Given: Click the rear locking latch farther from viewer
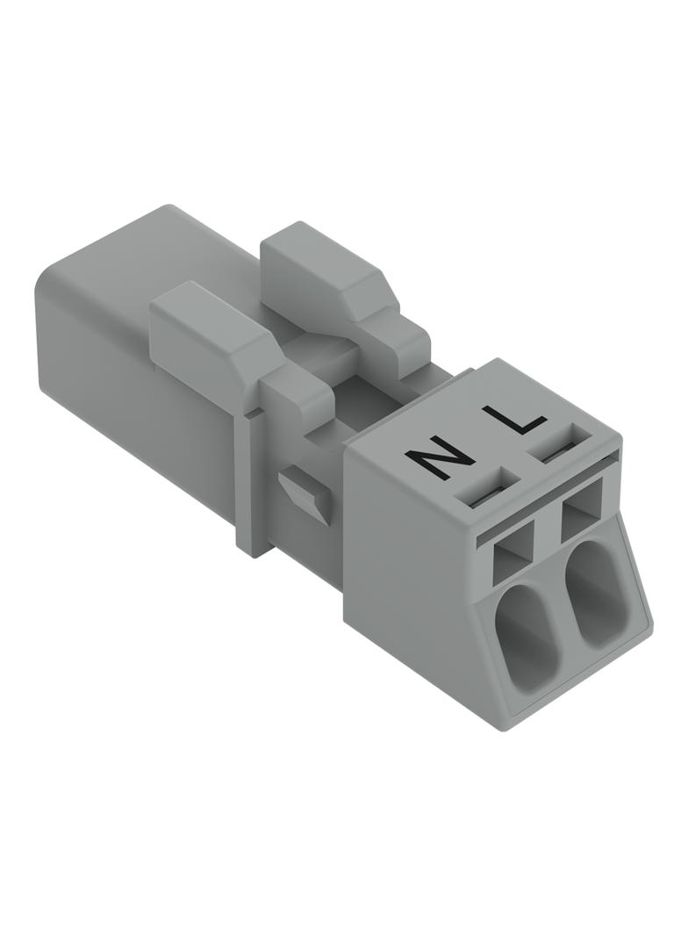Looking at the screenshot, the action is [340, 286].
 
